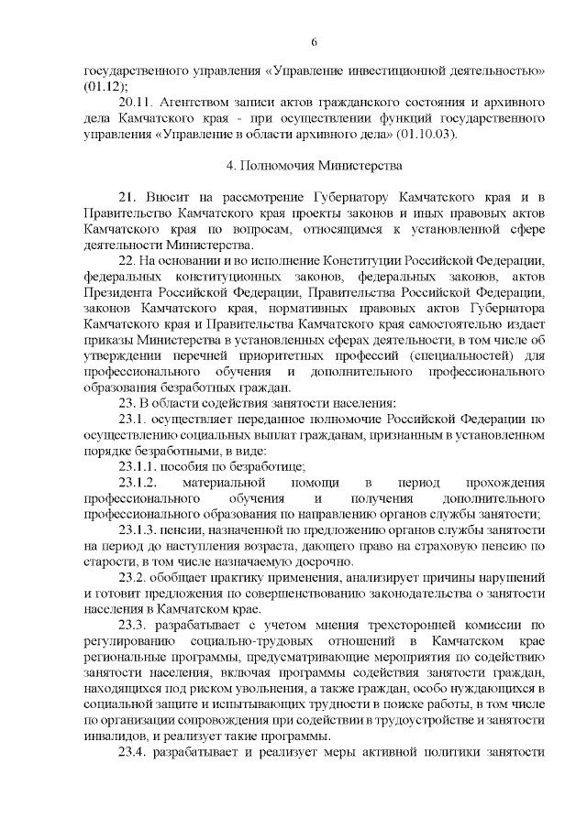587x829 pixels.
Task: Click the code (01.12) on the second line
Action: coord(103,87)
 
